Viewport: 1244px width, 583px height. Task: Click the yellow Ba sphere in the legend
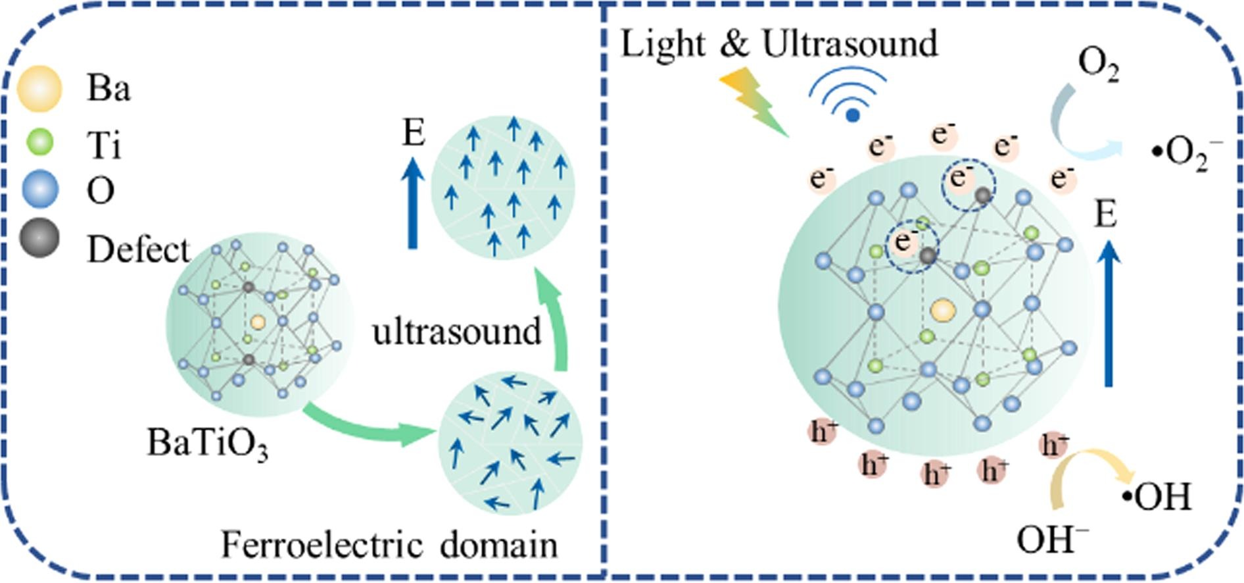(39, 88)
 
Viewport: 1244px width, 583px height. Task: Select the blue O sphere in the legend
(39, 190)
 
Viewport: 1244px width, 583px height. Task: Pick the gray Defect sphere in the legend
(39, 238)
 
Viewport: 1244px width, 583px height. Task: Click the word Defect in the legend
(138, 250)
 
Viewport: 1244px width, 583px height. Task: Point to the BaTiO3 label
(207, 443)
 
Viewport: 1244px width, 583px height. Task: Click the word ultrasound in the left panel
(456, 331)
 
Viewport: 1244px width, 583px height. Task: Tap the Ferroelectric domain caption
(389, 545)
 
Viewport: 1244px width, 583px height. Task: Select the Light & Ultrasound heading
(779, 44)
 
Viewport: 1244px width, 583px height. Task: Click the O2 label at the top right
(1098, 65)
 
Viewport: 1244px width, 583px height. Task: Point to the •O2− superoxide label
(1187, 155)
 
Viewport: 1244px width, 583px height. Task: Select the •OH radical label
(1157, 497)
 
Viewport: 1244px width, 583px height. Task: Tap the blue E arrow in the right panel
(1109, 313)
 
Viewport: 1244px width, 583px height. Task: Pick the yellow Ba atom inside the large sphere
(943, 311)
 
